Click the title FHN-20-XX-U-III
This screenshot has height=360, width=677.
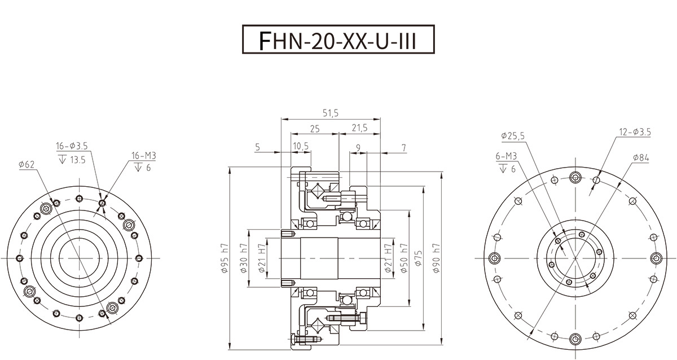pos(338,40)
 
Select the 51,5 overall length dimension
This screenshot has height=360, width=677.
pos(331,113)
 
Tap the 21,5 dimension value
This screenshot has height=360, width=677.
pos(359,128)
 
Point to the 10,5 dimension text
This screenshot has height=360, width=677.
pos(301,146)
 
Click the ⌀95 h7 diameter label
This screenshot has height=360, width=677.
pos(225,258)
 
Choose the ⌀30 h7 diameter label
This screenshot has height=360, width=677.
pos(244,258)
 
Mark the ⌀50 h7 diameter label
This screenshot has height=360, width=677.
pos(404,258)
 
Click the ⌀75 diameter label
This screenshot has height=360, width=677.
pos(419,258)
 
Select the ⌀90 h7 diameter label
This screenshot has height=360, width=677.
pos(437,258)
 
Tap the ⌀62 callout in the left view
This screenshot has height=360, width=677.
pos(27,165)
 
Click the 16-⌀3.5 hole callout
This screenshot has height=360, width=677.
pos(72,146)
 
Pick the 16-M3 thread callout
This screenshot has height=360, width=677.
pos(144,156)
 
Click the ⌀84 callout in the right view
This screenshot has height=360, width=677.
pos(641,157)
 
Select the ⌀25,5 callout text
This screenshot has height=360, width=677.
pos(513,136)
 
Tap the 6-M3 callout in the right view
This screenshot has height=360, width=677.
pos(506,156)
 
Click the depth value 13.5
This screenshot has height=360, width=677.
pos(78,160)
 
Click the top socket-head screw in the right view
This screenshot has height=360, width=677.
pos(575,177)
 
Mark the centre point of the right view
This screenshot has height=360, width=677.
pos(575,258)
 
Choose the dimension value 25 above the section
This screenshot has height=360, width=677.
pos(315,129)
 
